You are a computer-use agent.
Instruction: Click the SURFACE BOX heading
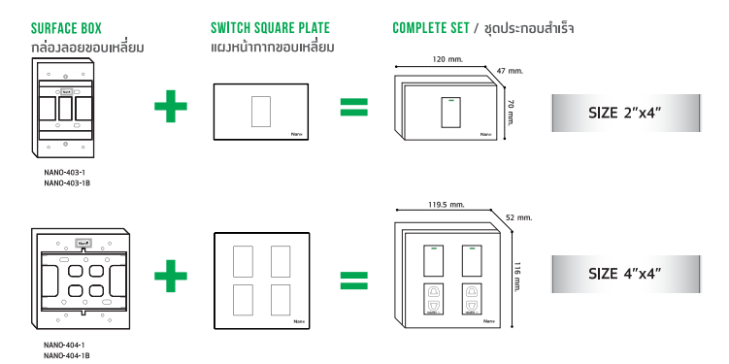pos(66,28)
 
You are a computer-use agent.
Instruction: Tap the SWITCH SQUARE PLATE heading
pos(270,28)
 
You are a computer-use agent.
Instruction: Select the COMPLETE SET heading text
pos(431,28)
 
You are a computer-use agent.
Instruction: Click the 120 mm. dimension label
pos(447,59)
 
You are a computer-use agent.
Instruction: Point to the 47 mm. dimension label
pos(510,71)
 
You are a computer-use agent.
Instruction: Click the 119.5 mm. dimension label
pos(447,205)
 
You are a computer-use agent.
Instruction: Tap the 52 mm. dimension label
pos(519,217)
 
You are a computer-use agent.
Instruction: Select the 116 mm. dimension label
pos(516,277)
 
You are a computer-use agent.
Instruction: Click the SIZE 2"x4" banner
pos(626,113)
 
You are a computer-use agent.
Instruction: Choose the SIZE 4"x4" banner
pos(626,274)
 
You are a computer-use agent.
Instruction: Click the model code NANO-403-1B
pos(67,183)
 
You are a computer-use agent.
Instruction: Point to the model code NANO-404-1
pos(64,345)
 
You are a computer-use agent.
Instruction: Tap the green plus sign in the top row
pos(171,106)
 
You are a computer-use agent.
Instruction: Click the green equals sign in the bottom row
pos(353,281)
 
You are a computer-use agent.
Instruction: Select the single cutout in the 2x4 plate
pos(261,112)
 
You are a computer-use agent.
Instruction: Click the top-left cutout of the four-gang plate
pos(243,262)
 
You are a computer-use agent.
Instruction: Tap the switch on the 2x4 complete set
pos(449,113)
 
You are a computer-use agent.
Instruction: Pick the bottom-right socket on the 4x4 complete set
pos(472,299)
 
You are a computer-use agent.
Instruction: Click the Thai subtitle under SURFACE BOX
pos(87,48)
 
